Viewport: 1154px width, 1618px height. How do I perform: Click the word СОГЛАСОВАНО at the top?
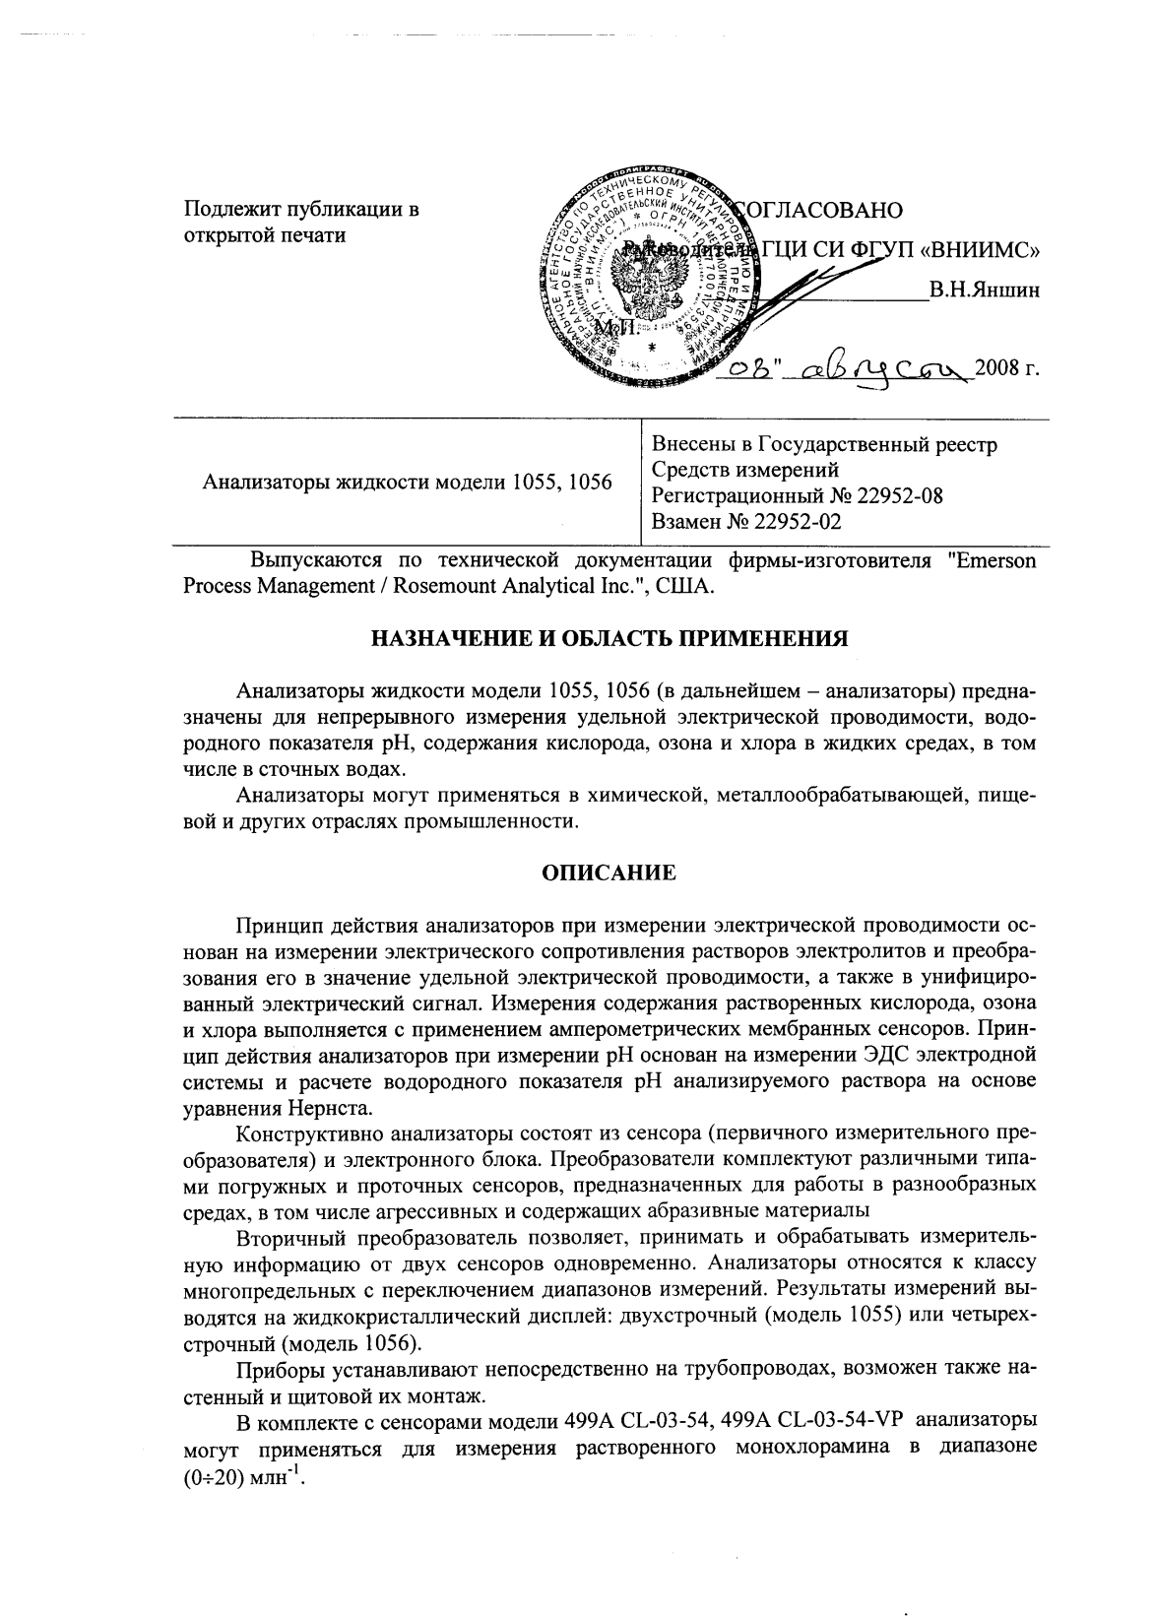(819, 210)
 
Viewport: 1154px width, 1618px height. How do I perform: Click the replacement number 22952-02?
(797, 521)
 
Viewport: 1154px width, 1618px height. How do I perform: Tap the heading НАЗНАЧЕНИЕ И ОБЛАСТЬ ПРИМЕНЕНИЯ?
(609, 639)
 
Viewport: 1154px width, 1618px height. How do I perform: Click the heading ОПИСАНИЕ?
(609, 874)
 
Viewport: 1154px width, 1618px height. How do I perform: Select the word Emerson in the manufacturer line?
(995, 561)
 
